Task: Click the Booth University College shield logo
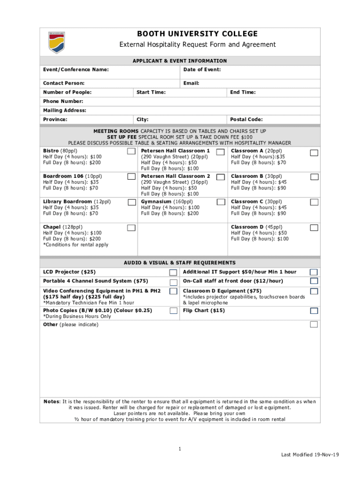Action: [x=56, y=42]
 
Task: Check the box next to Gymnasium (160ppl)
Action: [x=220, y=202]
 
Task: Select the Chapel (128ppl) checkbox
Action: [x=131, y=228]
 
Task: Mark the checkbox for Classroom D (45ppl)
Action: [x=314, y=228]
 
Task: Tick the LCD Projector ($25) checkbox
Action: [x=173, y=272]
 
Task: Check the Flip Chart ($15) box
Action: [x=314, y=311]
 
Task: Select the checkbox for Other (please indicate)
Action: [x=314, y=325]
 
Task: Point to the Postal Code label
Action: [x=246, y=120]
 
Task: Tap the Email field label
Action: [x=191, y=83]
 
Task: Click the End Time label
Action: [x=243, y=92]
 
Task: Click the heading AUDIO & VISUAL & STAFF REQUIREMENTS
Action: [x=180, y=263]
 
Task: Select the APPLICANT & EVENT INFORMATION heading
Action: [x=180, y=61]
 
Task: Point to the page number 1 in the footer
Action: [x=180, y=450]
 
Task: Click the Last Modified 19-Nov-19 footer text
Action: [x=310, y=455]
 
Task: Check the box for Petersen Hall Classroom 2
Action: [x=220, y=177]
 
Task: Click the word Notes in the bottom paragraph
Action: [x=51, y=402]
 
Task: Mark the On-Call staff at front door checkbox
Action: [x=314, y=281]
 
